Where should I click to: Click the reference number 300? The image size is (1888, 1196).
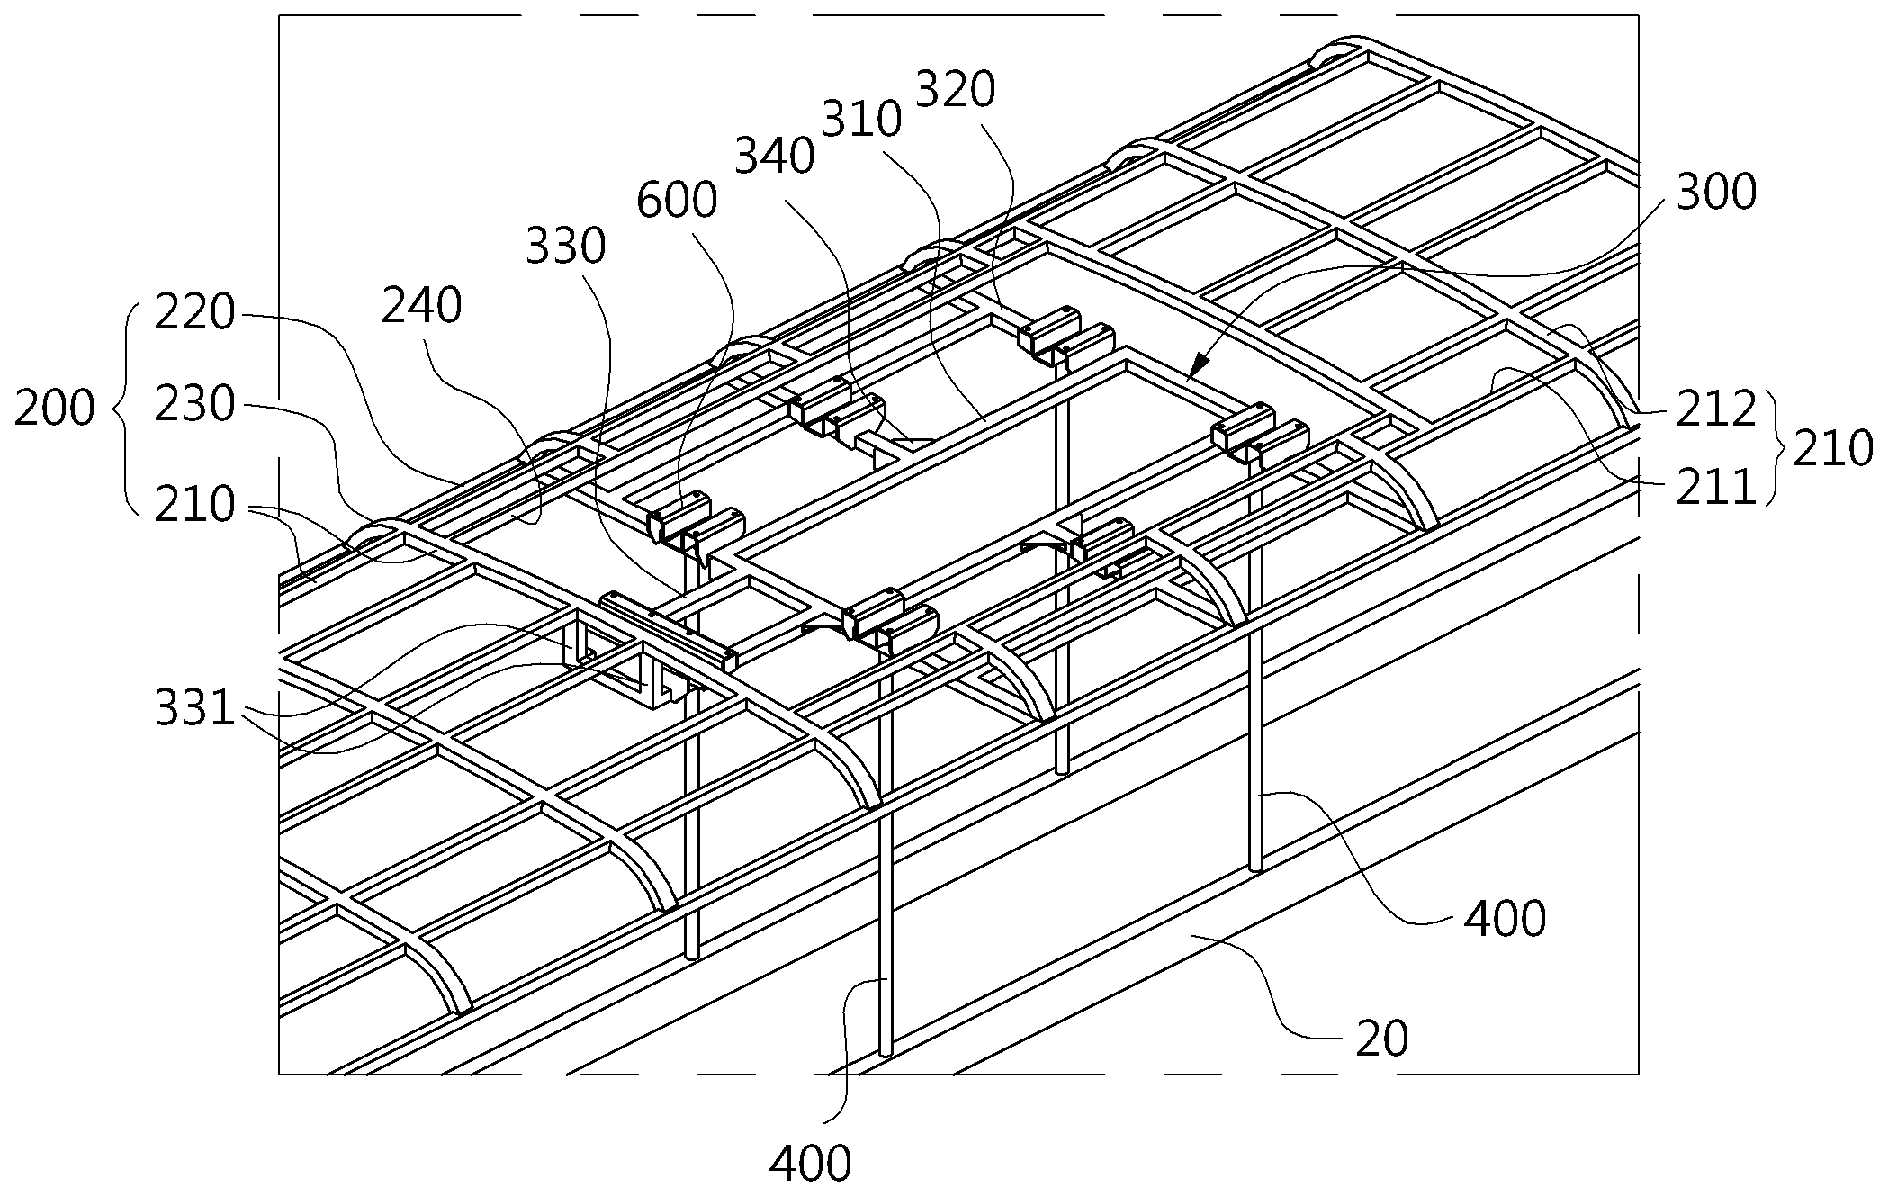[x=1716, y=193]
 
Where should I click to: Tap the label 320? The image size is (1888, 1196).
[x=956, y=91]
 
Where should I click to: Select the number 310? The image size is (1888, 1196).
[x=862, y=121]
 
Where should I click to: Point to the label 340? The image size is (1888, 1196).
[x=775, y=157]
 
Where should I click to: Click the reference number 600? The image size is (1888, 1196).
[x=677, y=201]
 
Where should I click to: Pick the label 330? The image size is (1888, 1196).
[x=566, y=246]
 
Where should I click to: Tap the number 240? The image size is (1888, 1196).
[x=422, y=306]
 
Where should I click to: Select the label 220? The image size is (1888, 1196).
[x=194, y=314]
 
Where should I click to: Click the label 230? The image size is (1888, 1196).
[x=194, y=405]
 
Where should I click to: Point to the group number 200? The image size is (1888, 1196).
[x=55, y=409]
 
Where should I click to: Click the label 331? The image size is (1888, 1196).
[x=194, y=709]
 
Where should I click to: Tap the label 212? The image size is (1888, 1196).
[x=1716, y=410]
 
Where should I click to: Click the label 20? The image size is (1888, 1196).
[x=1382, y=1039]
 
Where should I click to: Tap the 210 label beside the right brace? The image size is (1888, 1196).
[x=1833, y=449]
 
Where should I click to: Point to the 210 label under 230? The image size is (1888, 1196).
[x=194, y=506]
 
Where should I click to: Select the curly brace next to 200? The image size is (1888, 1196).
[x=124, y=409]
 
